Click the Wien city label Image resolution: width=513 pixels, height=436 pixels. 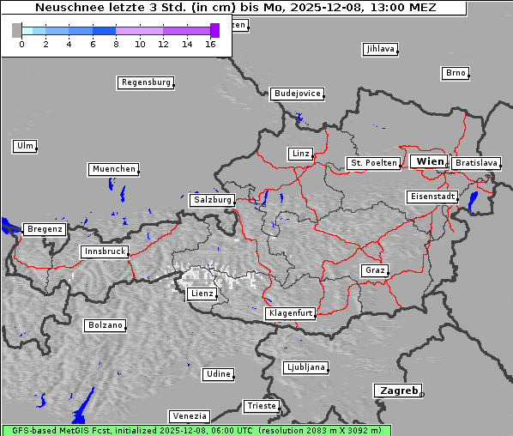click(430, 161)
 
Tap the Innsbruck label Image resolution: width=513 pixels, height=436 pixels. click(105, 251)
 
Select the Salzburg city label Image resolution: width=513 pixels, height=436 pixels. click(213, 199)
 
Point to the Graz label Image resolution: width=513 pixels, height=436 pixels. click(375, 270)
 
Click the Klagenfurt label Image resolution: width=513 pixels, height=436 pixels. click(290, 313)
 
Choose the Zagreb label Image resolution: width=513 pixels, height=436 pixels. click(397, 391)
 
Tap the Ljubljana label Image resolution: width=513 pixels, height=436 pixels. click(305, 367)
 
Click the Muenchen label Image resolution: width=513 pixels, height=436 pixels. click(113, 169)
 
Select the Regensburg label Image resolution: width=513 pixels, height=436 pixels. click(146, 82)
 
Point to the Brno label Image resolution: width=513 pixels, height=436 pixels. click(456, 73)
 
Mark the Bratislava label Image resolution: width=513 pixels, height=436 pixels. click(476, 162)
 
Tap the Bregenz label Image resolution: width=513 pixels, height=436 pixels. click(45, 229)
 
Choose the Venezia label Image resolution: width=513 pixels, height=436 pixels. click(189, 415)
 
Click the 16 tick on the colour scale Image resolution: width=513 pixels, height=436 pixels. click(210, 43)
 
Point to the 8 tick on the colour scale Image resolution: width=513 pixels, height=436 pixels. click(116, 43)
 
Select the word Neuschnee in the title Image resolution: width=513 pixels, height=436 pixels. click(64, 8)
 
